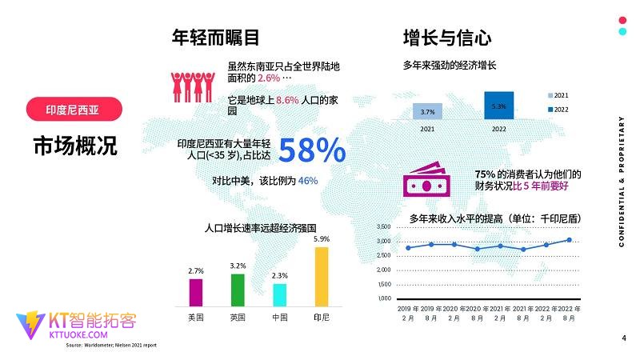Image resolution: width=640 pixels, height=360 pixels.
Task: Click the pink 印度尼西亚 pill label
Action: (71, 109)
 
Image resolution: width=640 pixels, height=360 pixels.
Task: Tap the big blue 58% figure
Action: (312, 150)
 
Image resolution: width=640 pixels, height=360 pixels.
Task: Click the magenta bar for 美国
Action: (195, 292)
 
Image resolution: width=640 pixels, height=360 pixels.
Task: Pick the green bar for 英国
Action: (238, 290)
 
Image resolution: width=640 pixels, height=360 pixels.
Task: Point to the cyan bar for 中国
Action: (279, 294)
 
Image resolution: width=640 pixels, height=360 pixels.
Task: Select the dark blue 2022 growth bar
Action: (498, 105)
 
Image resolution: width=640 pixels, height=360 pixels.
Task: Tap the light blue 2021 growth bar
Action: (427, 111)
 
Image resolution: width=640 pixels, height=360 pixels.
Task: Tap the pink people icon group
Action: (190, 84)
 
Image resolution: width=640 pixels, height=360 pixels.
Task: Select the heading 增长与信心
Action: (446, 38)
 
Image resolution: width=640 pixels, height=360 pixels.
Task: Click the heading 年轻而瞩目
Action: (215, 38)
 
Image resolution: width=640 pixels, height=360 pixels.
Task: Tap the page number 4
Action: (623, 338)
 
